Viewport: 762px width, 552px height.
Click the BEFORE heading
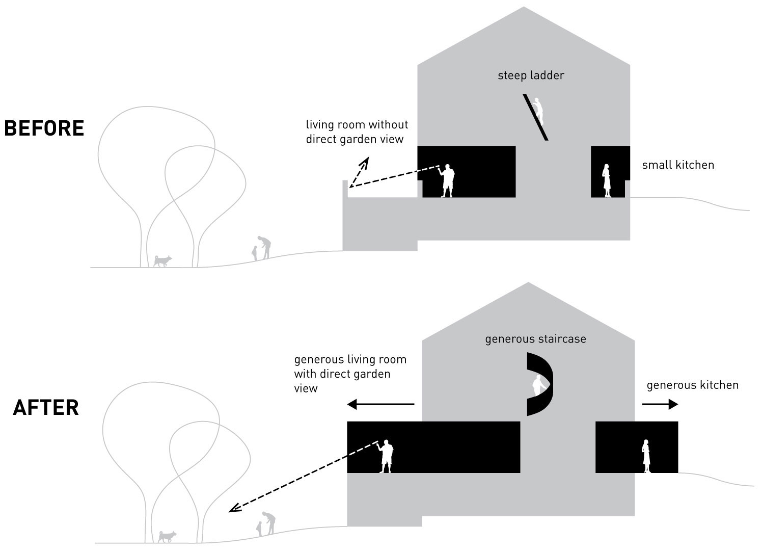coord(44,128)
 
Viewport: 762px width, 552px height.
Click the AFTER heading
coord(46,408)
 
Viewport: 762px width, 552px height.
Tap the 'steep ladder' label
coord(531,75)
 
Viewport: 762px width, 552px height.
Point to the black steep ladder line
coord(535,117)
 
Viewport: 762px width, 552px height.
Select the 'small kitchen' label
coord(677,165)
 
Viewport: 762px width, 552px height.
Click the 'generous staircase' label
coord(535,339)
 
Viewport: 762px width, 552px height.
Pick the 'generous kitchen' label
coord(692,385)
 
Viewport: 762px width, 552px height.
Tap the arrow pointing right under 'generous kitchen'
coord(660,405)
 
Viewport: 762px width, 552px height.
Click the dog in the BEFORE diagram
coord(162,261)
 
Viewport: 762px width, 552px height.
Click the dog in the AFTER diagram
coord(167,537)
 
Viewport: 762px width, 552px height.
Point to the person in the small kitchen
coord(607,180)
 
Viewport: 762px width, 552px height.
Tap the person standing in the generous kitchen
coord(646,456)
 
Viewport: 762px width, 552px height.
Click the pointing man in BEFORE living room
coord(447,180)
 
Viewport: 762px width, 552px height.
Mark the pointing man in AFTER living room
coord(387,456)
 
